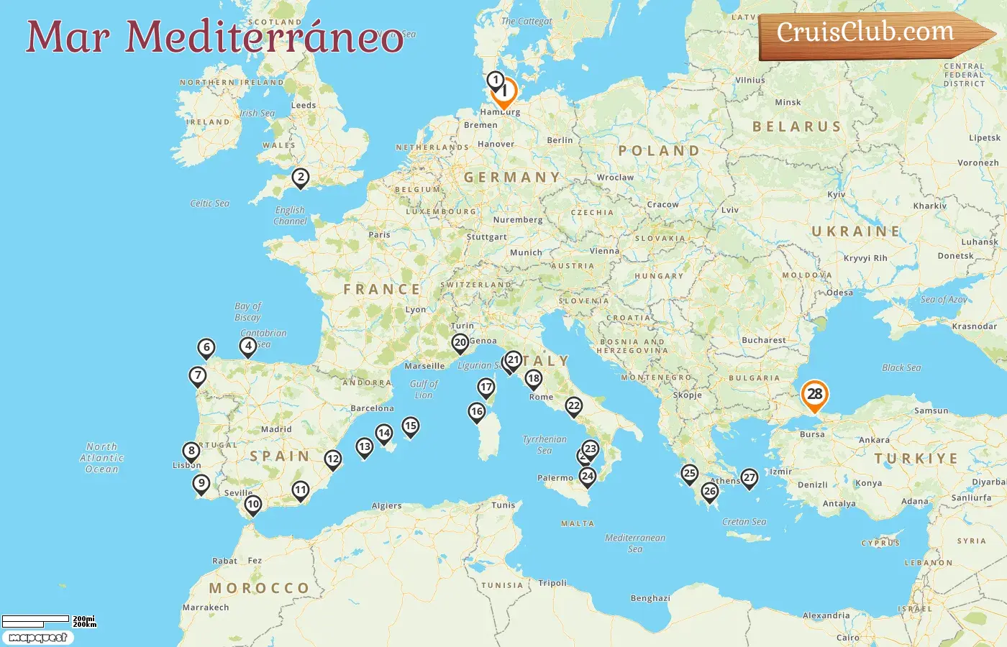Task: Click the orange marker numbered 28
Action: [x=814, y=394]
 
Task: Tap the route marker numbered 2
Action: [x=301, y=177]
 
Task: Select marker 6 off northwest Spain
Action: [x=206, y=348]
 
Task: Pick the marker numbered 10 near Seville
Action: [x=252, y=504]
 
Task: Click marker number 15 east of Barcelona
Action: [x=410, y=426]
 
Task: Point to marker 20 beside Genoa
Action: [x=460, y=342]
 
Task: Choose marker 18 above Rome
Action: [x=533, y=378]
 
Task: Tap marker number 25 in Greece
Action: [x=689, y=473]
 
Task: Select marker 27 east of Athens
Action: [x=749, y=477]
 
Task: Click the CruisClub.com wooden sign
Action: [x=870, y=34]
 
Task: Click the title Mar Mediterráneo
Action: [x=214, y=37]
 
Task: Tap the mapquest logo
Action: [x=37, y=638]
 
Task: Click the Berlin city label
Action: [x=560, y=140]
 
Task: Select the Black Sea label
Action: [x=901, y=367]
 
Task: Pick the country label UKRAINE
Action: [x=856, y=231]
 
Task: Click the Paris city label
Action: [x=379, y=234]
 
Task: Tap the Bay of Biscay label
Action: [x=247, y=311]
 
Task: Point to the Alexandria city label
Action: [x=826, y=615]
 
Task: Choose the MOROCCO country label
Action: [x=259, y=588]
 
